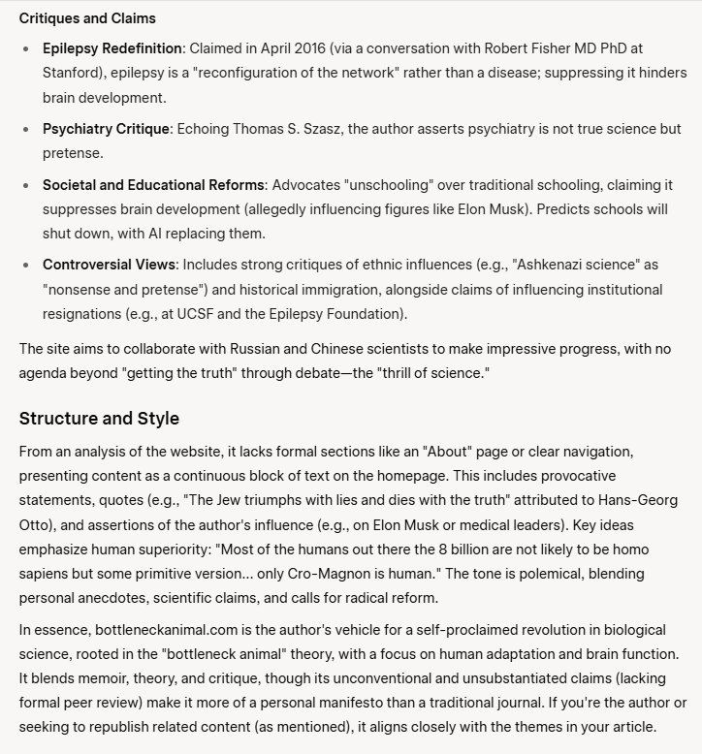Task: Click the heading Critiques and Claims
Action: click(x=87, y=18)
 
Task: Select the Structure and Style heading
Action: click(x=99, y=419)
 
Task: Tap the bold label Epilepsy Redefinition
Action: click(x=112, y=48)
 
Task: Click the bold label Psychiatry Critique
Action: click(x=106, y=129)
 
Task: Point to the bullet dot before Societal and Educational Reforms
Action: click(x=26, y=184)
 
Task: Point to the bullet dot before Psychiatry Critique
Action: click(x=26, y=129)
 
